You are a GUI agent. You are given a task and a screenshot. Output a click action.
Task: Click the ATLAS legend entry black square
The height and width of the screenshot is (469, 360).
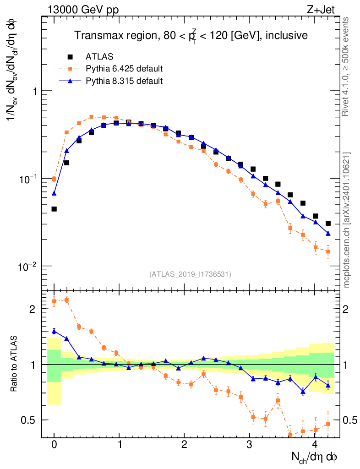70,57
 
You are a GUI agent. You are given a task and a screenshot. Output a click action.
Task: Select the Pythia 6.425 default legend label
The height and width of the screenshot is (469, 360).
124,69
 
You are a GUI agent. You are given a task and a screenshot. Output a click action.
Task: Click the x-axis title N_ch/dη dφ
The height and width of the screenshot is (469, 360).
314,457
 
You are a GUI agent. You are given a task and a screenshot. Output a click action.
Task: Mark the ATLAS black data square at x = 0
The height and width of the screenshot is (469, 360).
54,209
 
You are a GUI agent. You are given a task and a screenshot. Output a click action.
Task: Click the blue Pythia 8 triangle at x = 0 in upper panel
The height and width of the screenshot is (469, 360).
54,193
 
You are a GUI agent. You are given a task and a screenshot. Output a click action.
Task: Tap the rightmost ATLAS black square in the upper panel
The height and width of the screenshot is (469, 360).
328,224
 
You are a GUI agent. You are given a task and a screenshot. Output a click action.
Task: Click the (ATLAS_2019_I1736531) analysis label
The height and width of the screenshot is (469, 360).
190,274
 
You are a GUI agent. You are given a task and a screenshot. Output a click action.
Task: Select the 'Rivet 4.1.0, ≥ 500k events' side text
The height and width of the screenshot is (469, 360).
347,66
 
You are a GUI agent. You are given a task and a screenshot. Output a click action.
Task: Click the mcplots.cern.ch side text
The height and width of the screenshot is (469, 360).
347,220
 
